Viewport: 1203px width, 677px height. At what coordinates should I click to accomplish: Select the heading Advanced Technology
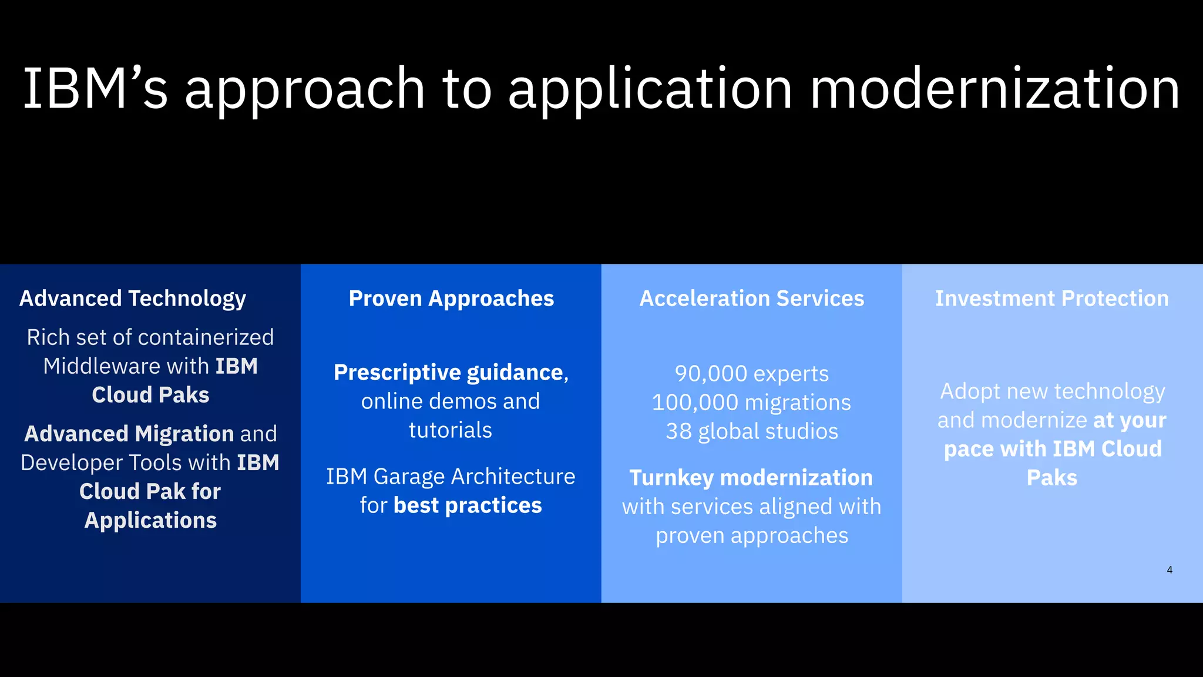click(x=133, y=299)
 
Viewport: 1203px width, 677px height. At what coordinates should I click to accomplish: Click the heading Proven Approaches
click(x=451, y=299)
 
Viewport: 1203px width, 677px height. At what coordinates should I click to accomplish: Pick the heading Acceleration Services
click(x=751, y=299)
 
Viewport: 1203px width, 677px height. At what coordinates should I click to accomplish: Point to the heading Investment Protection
click(x=1052, y=299)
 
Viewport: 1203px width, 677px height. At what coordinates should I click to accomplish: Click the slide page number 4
click(x=1170, y=569)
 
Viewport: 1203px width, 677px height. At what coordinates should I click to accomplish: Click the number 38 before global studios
click(x=678, y=431)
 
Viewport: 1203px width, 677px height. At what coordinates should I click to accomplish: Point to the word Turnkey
click(x=671, y=478)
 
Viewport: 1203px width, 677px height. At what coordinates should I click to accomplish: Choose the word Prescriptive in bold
click(x=397, y=373)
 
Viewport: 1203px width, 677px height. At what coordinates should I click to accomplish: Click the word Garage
click(x=407, y=477)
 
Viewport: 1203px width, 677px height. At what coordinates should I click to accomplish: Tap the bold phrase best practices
click(x=468, y=505)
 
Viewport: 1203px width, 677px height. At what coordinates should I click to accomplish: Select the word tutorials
click(x=451, y=430)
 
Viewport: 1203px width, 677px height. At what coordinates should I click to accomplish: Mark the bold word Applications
click(x=150, y=520)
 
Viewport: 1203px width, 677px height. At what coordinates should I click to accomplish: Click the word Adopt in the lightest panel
click(x=968, y=391)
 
